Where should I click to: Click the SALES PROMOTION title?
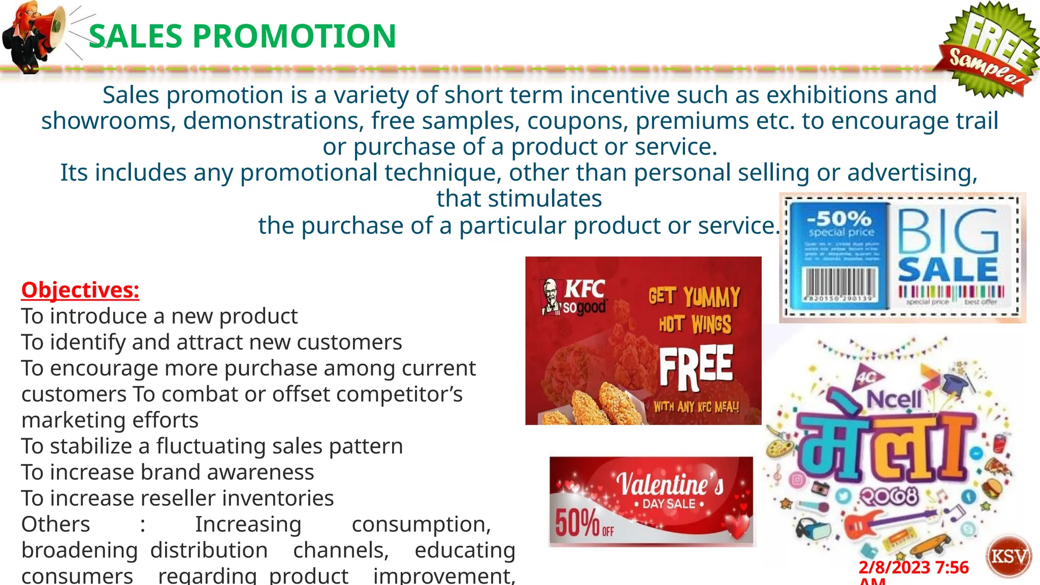pyautogui.click(x=242, y=36)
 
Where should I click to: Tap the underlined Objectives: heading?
pyautogui.click(x=80, y=290)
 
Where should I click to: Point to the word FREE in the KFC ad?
pyautogui.click(x=696, y=367)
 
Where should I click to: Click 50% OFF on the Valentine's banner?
pyautogui.click(x=584, y=523)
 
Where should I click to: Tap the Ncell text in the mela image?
pyautogui.click(x=894, y=399)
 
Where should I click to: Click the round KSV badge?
pyautogui.click(x=1009, y=557)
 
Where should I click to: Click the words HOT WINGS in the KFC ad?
pyautogui.click(x=695, y=324)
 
